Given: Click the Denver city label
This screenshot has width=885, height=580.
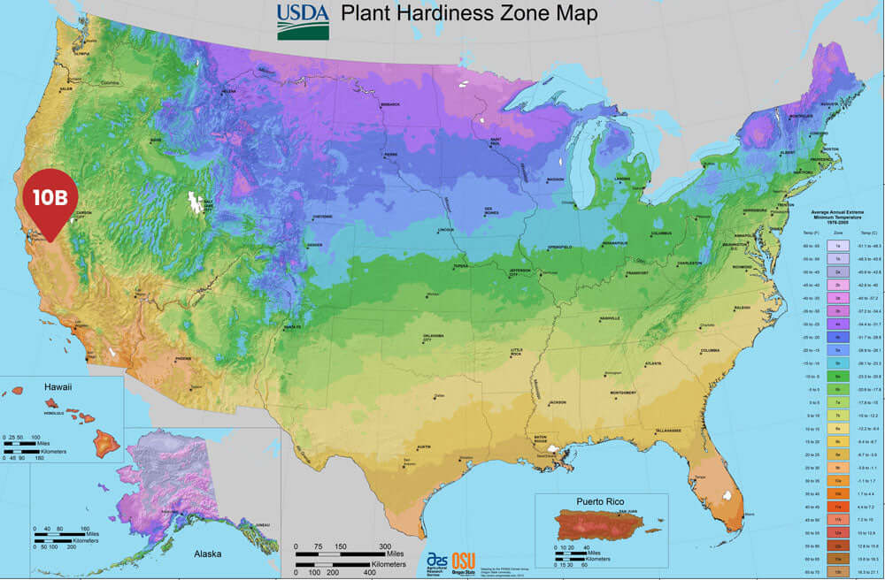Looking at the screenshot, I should pos(314,244).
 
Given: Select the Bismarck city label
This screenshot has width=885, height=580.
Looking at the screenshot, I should pos(390,103).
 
